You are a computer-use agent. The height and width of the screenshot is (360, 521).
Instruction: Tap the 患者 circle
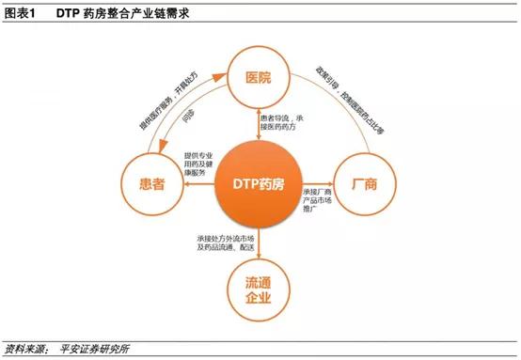click(150, 184)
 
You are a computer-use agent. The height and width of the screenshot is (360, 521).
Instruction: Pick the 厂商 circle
click(363, 184)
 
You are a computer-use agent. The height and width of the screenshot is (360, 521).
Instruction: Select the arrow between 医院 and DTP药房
click(258, 119)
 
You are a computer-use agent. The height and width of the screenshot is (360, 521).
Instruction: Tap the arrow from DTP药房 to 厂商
click(317, 184)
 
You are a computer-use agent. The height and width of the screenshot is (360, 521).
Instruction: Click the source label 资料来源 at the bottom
click(25, 348)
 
